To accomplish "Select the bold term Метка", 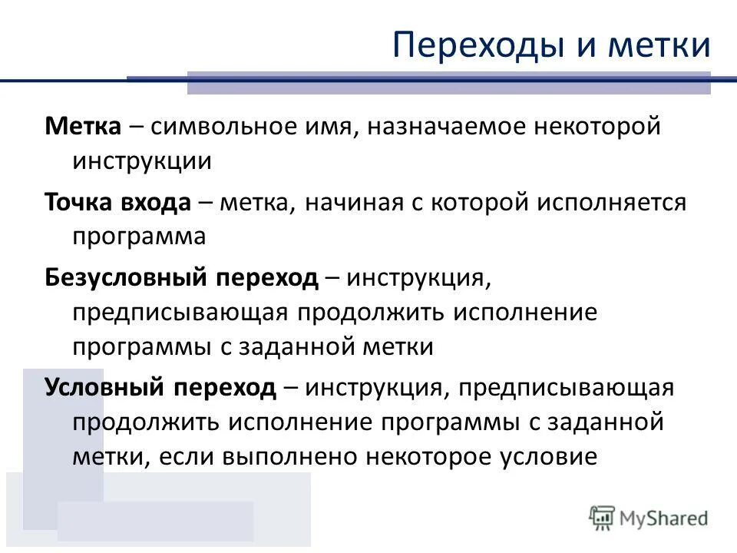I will click(x=83, y=126).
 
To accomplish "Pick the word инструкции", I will click(x=142, y=161).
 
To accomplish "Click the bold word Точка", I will click(x=78, y=201).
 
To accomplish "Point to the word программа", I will click(x=139, y=237).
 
